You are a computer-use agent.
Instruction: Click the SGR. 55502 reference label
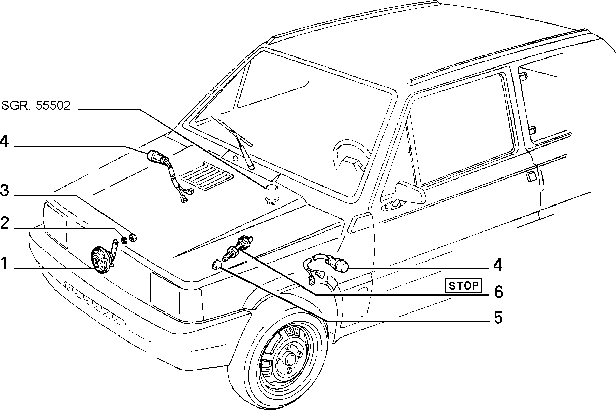coord(36,106)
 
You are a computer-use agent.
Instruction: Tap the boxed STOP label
coord(464,285)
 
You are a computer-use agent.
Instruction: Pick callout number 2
coord(4,223)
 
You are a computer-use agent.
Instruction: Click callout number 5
coord(498,318)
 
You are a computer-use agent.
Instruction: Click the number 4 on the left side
coord(4,141)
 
